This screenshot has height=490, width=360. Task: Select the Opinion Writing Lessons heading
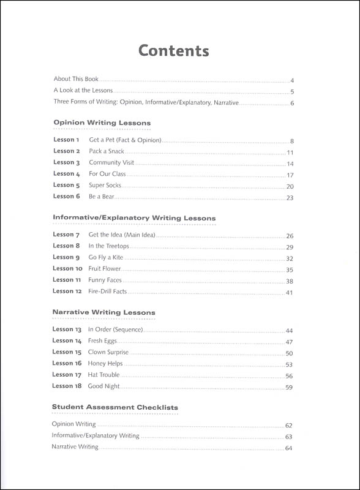tap(102, 123)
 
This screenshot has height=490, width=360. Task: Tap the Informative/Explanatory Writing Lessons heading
tap(134, 217)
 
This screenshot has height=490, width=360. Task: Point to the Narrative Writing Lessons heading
tap(103, 312)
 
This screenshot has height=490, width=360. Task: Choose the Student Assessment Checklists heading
tap(115, 407)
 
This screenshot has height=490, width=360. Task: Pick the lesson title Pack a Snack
tap(107, 151)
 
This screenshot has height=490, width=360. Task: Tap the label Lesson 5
tap(67, 185)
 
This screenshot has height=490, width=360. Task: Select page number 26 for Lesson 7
tap(290, 236)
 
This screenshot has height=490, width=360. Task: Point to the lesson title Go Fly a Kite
tap(110, 257)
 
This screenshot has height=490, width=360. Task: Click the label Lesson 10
tap(67, 268)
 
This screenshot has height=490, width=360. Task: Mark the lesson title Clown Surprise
tap(108, 352)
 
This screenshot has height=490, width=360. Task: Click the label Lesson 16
tap(67, 363)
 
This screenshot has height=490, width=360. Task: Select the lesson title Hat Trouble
tap(104, 375)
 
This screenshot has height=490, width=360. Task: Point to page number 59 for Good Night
tap(290, 387)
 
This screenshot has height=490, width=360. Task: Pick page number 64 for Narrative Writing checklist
tap(290, 449)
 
